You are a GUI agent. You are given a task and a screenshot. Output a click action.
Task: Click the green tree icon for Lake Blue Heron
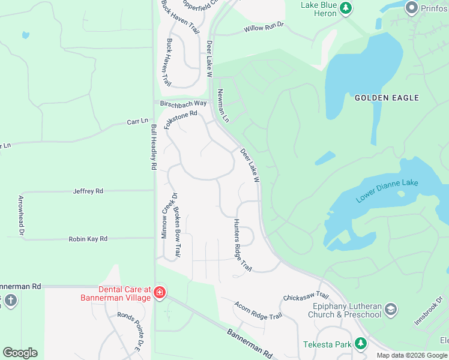(x=345, y=8)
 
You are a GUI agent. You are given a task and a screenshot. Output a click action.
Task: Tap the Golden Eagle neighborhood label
(x=387, y=97)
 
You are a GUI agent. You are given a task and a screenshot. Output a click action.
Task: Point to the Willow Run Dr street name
(x=263, y=28)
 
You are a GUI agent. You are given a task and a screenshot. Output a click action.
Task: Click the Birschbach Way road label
(x=183, y=103)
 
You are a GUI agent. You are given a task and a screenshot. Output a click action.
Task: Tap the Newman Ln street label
(x=223, y=106)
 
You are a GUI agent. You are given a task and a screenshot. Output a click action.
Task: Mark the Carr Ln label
(x=137, y=122)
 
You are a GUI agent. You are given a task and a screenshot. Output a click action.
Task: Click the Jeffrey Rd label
(x=88, y=191)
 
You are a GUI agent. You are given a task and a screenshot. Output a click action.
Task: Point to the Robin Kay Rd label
(x=88, y=238)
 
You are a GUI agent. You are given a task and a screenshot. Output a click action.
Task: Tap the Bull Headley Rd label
(x=154, y=148)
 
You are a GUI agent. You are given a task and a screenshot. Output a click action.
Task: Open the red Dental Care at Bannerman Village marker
(x=160, y=293)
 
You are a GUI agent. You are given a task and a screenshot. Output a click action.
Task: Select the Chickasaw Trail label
(x=306, y=296)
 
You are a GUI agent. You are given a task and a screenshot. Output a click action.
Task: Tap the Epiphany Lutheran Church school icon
(x=391, y=309)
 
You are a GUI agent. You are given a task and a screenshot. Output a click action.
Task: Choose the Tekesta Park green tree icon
(x=361, y=343)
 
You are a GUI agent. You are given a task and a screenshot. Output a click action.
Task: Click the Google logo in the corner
(x=20, y=353)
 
